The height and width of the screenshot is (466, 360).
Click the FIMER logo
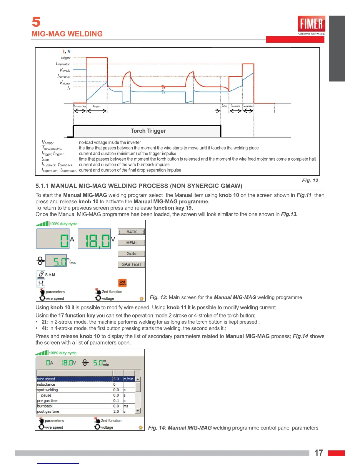(x=311, y=24)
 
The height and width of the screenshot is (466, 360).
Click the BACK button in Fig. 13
(x=131, y=232)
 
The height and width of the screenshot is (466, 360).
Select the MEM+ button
(x=131, y=243)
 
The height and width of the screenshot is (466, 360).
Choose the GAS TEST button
(x=131, y=264)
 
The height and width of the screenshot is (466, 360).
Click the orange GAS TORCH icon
(x=122, y=283)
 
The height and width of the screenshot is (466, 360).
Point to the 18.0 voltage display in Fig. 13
(x=94, y=239)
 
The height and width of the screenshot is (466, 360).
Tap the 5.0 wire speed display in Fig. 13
(x=56, y=261)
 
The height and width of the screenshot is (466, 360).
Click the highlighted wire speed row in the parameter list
(x=75, y=379)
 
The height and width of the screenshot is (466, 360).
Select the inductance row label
(x=46, y=385)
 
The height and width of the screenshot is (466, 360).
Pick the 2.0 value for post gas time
(x=116, y=412)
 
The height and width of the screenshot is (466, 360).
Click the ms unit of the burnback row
(x=126, y=406)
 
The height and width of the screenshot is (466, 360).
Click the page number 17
(x=319, y=453)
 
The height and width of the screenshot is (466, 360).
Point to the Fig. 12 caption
(x=310, y=181)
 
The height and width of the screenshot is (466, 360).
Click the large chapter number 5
(x=36, y=22)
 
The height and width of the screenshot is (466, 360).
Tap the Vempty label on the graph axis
(x=65, y=70)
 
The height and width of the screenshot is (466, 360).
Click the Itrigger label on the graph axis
(x=66, y=57)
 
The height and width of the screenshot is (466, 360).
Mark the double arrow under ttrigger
(x=97, y=111)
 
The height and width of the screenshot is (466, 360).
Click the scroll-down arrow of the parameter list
(x=137, y=411)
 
